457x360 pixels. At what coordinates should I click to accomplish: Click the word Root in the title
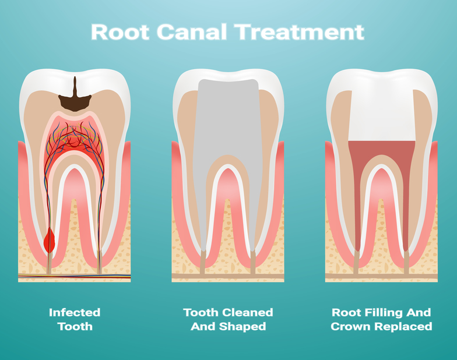point(120,31)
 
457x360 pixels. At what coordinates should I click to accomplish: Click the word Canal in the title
point(192,31)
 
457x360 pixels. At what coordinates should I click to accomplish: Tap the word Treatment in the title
point(300,31)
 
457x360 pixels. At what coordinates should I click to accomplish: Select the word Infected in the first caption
point(75,312)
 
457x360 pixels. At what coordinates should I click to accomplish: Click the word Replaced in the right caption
point(403,326)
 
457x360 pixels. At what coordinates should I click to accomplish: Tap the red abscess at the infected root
point(50,240)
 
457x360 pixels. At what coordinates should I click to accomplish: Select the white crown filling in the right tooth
point(382,115)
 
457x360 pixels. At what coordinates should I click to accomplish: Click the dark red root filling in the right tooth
point(382,149)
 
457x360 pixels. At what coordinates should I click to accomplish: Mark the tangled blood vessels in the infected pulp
point(75,137)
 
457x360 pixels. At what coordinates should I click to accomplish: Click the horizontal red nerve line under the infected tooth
point(75,276)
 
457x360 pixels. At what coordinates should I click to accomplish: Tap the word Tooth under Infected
point(75,326)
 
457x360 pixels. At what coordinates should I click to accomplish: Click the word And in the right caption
point(419,312)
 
